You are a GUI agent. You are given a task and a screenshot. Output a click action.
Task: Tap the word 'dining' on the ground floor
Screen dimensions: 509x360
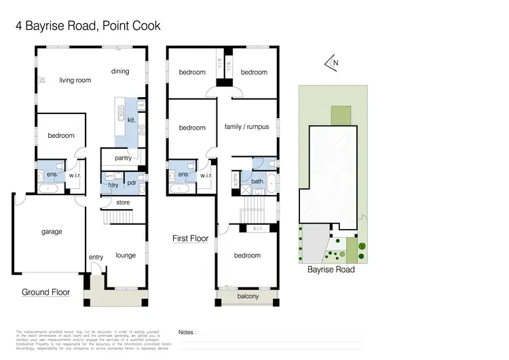(x=120, y=71)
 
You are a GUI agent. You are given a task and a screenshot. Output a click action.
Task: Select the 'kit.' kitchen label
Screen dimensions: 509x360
(x=132, y=120)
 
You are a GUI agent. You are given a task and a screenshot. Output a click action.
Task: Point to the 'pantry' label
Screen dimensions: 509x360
(x=123, y=158)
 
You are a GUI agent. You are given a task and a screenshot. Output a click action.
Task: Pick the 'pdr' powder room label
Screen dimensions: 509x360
(x=132, y=183)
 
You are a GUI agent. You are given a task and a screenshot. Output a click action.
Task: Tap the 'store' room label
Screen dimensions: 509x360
(x=123, y=202)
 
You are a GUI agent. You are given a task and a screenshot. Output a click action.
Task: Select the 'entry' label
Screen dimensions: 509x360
(x=96, y=257)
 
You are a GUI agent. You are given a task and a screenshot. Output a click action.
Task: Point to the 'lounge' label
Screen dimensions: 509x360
(x=126, y=255)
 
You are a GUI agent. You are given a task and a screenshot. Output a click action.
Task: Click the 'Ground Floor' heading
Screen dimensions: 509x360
(x=46, y=292)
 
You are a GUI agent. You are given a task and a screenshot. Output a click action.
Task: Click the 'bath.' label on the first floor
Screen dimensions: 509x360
(x=257, y=181)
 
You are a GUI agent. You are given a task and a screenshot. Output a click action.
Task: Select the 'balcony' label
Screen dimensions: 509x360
(x=247, y=296)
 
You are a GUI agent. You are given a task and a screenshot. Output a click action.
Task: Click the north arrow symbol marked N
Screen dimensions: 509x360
(x=333, y=64)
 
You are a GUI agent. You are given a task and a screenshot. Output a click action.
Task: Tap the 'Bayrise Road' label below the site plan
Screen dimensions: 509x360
(x=331, y=270)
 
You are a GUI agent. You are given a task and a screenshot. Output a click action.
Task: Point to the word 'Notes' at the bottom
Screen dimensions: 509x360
(x=187, y=332)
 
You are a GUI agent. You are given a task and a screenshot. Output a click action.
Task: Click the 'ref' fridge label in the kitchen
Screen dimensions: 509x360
(x=141, y=105)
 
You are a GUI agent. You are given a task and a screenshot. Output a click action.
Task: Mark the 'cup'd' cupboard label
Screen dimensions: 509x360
(x=235, y=180)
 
